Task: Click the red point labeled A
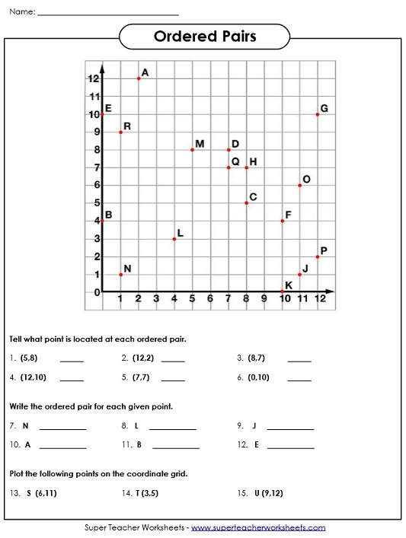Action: [139, 78]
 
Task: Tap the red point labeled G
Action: [318, 114]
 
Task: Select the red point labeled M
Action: [192, 150]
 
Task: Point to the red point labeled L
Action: [174, 239]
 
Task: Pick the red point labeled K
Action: [282, 291]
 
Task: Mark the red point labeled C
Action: [246, 203]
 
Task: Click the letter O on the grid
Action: [306, 180]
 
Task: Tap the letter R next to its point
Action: [127, 126]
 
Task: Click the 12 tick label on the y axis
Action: [94, 79]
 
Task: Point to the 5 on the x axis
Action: [192, 299]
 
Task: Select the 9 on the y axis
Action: [97, 132]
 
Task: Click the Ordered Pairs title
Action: [205, 37]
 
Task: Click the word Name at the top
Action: [21, 11]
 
